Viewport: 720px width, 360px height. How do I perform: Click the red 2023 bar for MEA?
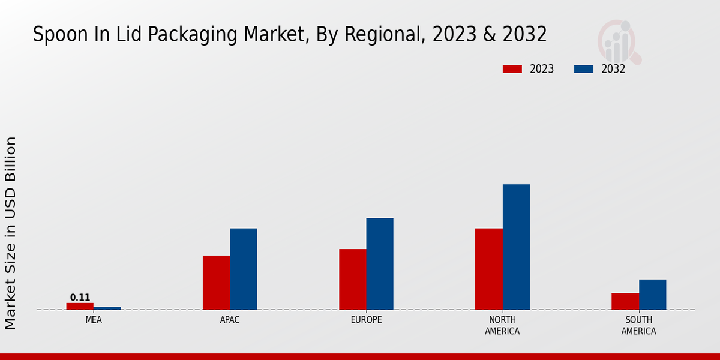click(x=80, y=306)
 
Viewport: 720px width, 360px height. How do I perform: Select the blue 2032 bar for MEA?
click(x=107, y=308)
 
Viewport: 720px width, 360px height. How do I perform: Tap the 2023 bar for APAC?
click(x=216, y=283)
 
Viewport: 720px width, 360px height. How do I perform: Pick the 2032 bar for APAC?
click(x=244, y=269)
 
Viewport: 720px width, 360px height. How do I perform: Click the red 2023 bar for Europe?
click(x=353, y=279)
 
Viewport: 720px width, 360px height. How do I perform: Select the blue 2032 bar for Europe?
click(x=380, y=264)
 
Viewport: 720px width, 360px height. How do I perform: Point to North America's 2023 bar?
click(x=489, y=269)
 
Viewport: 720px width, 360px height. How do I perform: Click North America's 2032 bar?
click(x=516, y=247)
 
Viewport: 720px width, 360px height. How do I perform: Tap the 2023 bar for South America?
click(x=625, y=301)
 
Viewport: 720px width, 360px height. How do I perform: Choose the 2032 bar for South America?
click(x=652, y=295)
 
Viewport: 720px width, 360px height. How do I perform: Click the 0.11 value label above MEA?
click(x=80, y=298)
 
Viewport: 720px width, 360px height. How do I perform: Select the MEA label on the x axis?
click(x=94, y=320)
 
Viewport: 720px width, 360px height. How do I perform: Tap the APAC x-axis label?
click(x=230, y=320)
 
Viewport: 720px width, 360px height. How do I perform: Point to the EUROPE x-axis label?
click(x=366, y=320)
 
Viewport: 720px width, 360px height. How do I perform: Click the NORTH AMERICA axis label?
click(x=503, y=326)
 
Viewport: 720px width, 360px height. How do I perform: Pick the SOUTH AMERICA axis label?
click(x=638, y=326)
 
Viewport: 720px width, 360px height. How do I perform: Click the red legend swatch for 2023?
click(x=512, y=69)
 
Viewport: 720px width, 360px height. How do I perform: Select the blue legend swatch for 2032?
click(x=584, y=69)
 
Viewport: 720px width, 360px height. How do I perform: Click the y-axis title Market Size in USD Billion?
click(x=11, y=233)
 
